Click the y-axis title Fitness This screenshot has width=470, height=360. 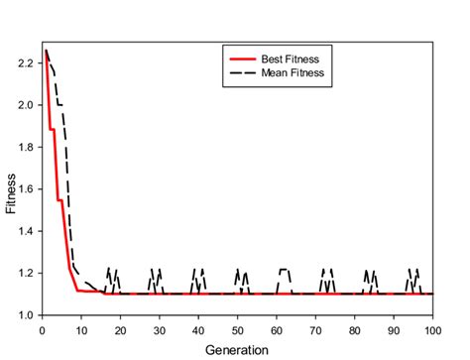[11, 193]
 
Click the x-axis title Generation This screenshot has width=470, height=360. [237, 350]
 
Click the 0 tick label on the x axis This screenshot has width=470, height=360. [42, 329]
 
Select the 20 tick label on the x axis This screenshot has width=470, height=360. [120, 329]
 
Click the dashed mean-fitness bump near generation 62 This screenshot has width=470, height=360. [285, 270]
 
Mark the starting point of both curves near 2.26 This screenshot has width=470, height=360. [46, 51]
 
